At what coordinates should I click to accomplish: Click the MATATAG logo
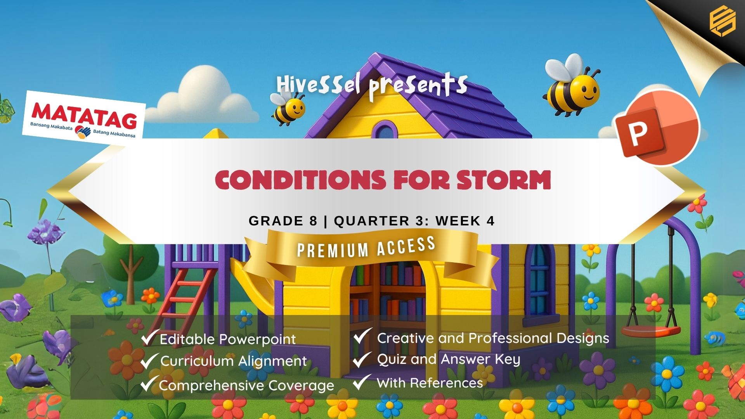[84, 115]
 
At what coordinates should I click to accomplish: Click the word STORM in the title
[503, 180]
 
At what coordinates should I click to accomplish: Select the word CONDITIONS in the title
[300, 180]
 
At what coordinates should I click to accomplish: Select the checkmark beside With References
[362, 382]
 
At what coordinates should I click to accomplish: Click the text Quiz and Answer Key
[449, 360]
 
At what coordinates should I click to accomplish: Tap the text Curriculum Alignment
[234, 361]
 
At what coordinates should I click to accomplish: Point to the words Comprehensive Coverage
[246, 386]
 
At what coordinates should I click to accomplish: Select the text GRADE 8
[283, 221]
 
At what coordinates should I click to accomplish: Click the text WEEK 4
[465, 221]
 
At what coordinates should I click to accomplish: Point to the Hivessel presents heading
[372, 86]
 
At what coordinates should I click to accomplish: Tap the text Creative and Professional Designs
[493, 338]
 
